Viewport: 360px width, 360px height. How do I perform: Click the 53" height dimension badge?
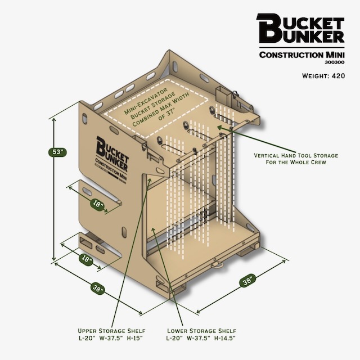tap(57, 152)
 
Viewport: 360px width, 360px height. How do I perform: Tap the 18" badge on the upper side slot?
tap(97, 203)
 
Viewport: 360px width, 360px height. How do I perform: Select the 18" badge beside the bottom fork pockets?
tap(86, 259)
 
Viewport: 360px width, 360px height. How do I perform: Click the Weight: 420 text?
tap(323, 76)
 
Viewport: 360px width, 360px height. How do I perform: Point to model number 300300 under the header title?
tap(335, 62)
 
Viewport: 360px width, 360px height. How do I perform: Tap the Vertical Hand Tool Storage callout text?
tap(296, 155)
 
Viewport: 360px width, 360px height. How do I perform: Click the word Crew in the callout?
tap(318, 163)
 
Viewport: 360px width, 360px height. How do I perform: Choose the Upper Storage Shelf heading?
tap(111, 331)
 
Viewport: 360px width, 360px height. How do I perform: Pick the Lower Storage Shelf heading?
tap(201, 331)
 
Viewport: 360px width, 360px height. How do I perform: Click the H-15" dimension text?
tap(135, 338)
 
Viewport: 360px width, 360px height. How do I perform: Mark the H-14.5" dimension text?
tap(225, 338)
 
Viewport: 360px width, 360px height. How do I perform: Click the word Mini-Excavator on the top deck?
tap(146, 101)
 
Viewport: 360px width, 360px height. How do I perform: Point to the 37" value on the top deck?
tap(170, 114)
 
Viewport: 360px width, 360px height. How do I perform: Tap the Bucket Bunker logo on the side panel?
tap(112, 156)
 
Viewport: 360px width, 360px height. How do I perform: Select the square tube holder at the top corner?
tap(222, 95)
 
